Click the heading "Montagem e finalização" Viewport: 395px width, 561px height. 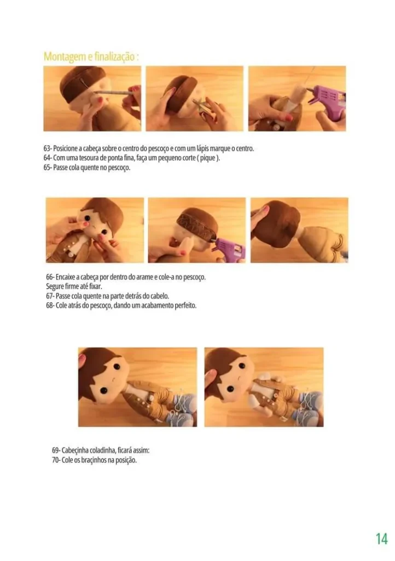coord(91,56)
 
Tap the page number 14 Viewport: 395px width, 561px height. coord(381,539)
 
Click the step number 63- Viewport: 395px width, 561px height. coord(47,148)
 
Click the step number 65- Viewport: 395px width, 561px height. coord(47,167)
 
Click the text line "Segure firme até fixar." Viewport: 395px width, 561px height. coord(74,287)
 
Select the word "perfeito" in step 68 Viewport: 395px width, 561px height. coord(183,305)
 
